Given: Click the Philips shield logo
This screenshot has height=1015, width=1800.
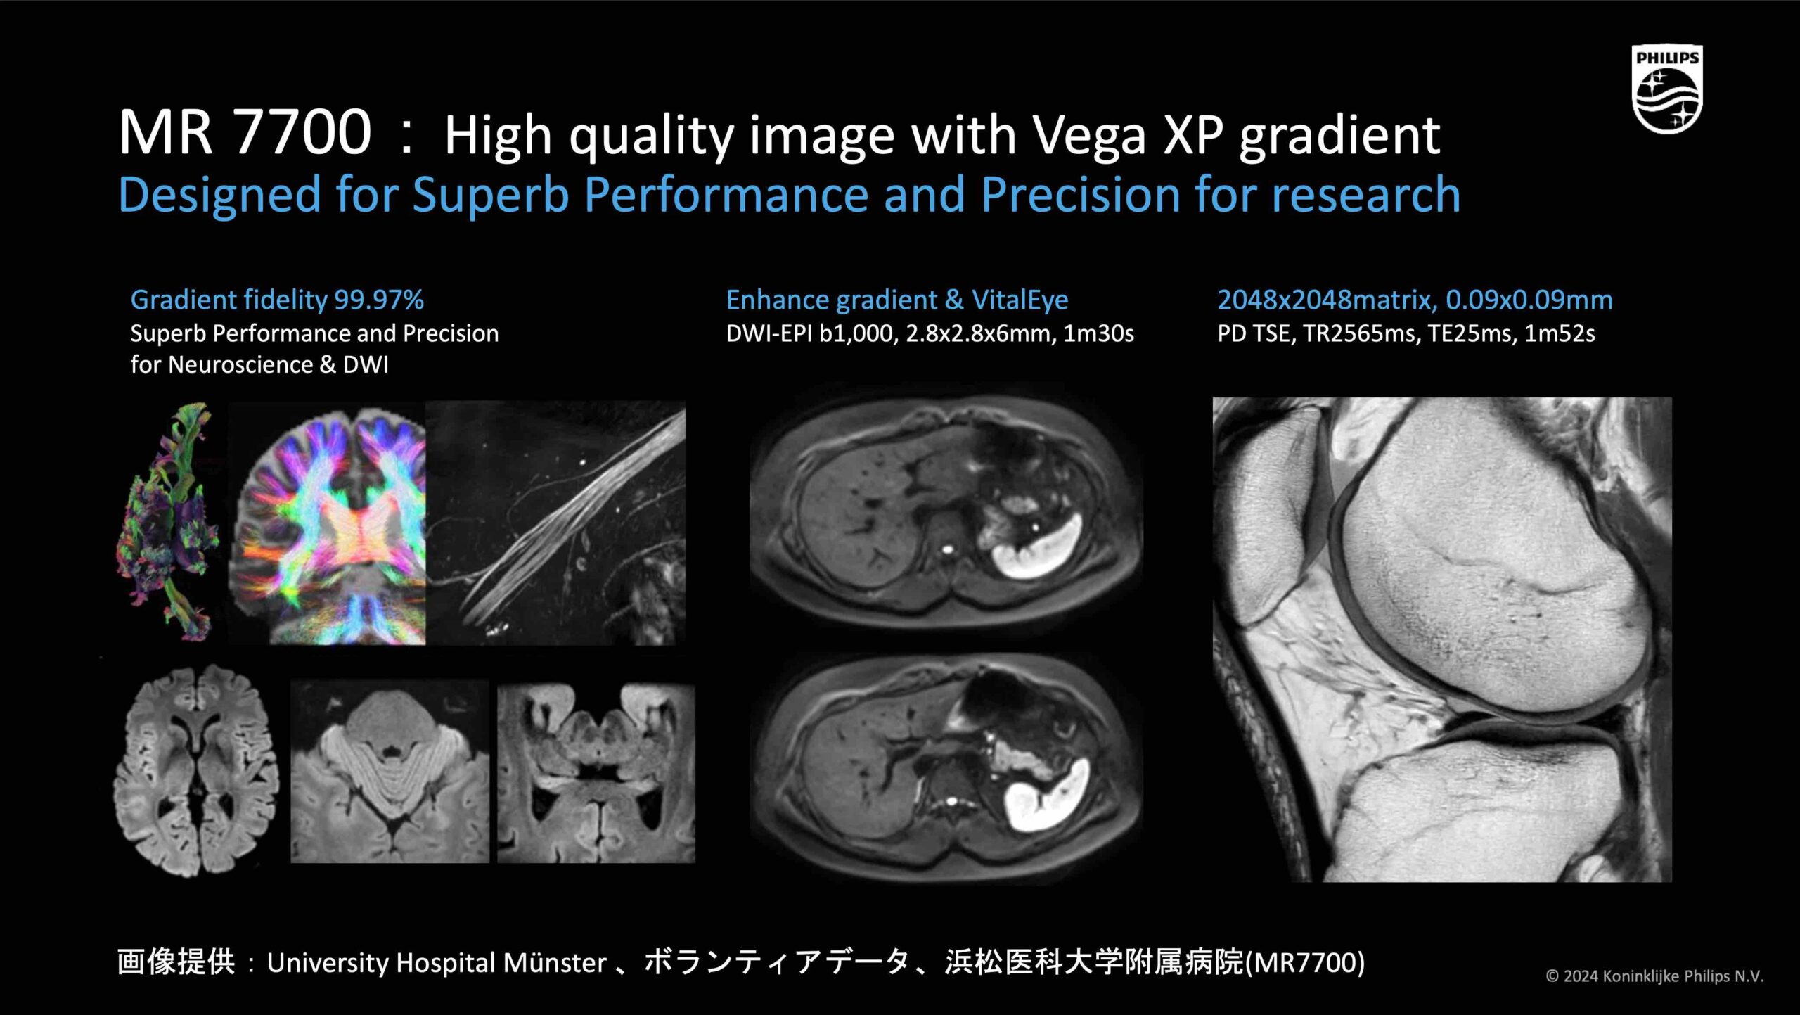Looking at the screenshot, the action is click(x=1666, y=89).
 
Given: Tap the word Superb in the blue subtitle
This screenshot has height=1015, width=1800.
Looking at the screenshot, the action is click(x=490, y=194).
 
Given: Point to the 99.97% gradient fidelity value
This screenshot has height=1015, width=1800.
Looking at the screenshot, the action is click(x=379, y=300).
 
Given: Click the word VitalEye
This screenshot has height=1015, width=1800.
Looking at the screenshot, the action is click(x=1020, y=300).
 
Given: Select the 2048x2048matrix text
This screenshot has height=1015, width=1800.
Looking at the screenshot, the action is click(x=1326, y=300).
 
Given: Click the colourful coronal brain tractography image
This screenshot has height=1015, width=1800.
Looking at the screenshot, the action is click(x=328, y=523).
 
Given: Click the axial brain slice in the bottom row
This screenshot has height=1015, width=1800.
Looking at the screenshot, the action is click(x=197, y=770).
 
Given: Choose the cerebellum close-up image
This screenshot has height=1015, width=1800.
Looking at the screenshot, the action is click(x=390, y=772).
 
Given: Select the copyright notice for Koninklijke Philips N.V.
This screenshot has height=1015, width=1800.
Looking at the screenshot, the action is click(x=1655, y=976).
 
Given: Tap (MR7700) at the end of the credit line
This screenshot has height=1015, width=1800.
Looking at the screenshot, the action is click(x=1305, y=962).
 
